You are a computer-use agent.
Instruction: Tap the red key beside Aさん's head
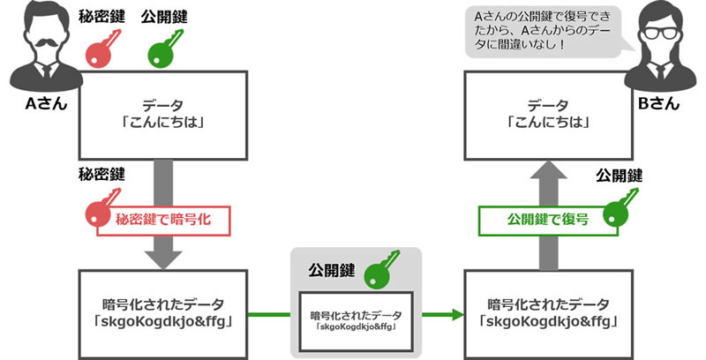[x=101, y=49]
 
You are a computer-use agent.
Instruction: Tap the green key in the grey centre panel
[x=376, y=266]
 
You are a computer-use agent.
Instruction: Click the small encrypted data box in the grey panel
[x=356, y=319]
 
